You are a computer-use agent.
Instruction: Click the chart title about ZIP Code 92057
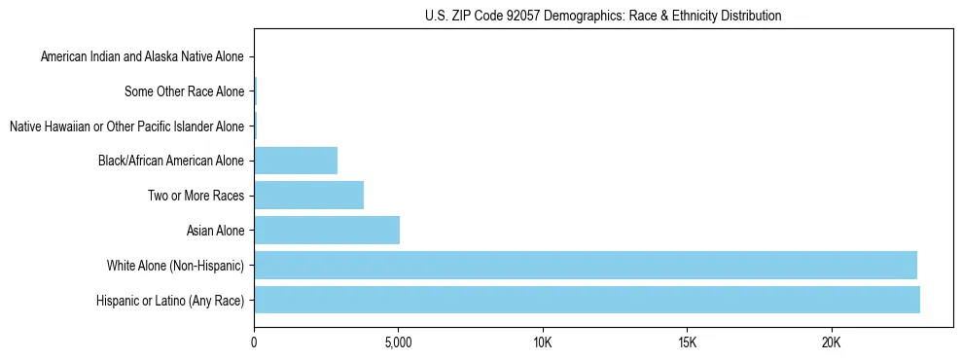click(x=603, y=16)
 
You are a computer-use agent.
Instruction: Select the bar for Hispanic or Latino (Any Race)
click(x=587, y=300)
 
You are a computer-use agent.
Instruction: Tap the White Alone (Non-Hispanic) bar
click(x=586, y=265)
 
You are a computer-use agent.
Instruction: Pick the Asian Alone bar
click(x=327, y=231)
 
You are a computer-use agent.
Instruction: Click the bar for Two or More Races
click(x=308, y=196)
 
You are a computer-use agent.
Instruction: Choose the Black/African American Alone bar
click(x=296, y=161)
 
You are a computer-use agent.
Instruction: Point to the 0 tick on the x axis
click(x=254, y=342)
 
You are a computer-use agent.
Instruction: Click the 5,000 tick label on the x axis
click(x=398, y=342)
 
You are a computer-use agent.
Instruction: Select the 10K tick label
click(x=543, y=342)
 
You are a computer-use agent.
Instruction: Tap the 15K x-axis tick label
click(x=687, y=342)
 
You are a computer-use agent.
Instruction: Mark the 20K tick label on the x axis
click(x=831, y=342)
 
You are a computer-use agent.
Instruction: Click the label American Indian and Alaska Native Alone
click(x=142, y=57)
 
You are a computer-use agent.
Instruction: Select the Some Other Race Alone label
click(x=185, y=92)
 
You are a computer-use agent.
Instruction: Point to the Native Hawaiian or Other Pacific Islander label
click(x=126, y=126)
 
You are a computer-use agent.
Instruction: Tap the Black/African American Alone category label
click(x=171, y=162)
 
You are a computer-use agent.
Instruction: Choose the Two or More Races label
click(x=196, y=197)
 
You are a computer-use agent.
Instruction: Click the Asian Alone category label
click(x=215, y=231)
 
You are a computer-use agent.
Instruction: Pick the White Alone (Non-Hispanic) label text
click(x=176, y=266)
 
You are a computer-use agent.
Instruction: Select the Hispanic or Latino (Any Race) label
click(x=170, y=301)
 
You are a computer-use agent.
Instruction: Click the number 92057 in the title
click(x=517, y=16)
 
